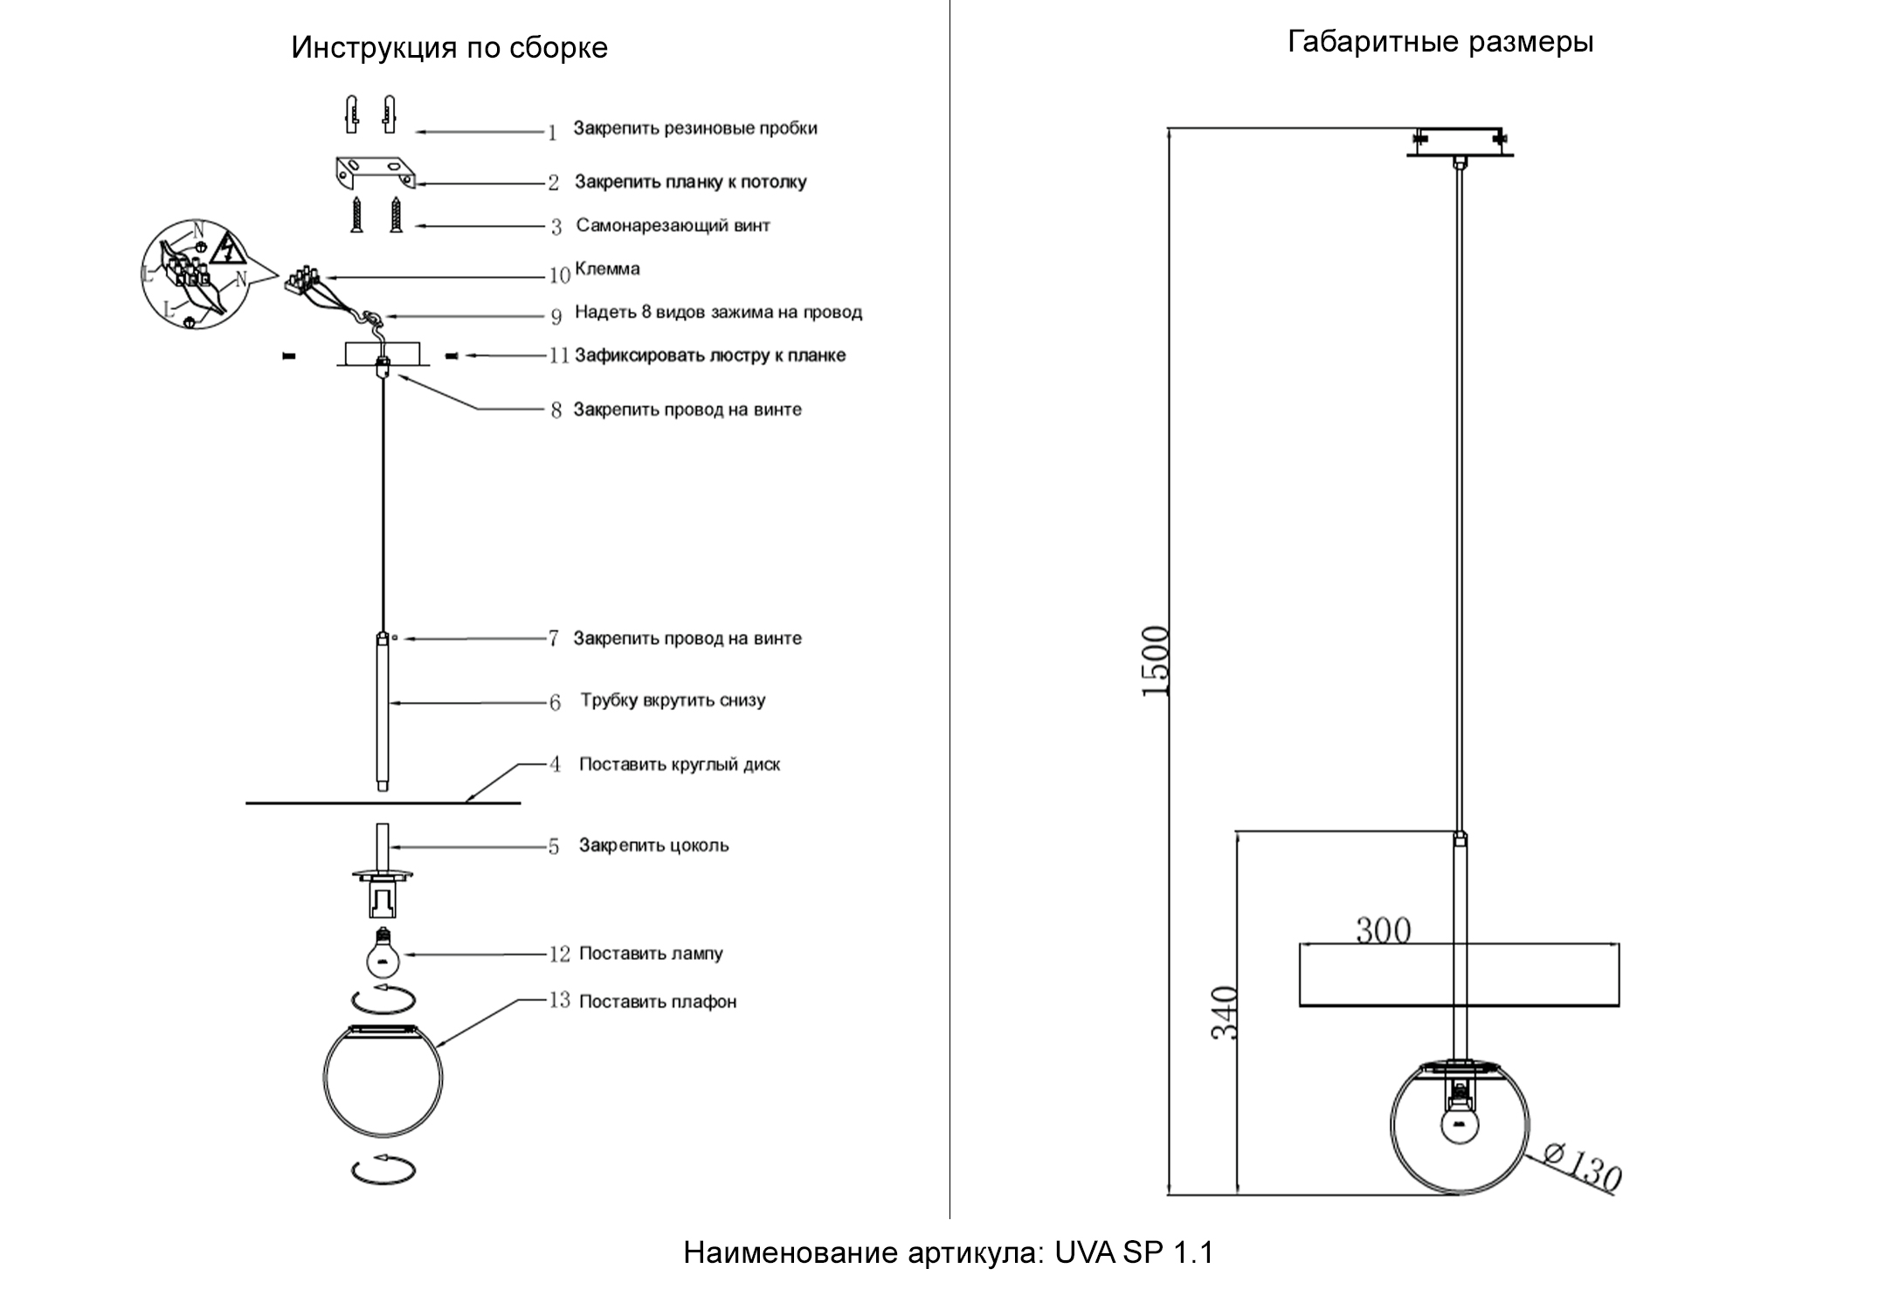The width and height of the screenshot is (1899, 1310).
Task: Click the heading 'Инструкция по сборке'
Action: [449, 47]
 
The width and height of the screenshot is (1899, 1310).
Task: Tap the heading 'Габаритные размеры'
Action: [1440, 42]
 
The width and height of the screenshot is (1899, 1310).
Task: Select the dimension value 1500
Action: [1156, 661]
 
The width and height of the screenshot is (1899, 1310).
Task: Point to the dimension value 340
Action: [1226, 1012]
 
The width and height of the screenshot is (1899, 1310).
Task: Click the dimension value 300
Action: [1383, 931]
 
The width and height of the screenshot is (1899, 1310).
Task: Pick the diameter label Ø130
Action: [1581, 1167]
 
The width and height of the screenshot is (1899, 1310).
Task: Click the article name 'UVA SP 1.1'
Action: [1134, 1252]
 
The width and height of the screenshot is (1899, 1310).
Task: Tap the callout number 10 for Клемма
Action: [559, 276]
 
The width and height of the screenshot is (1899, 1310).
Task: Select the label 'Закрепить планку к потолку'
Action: [690, 182]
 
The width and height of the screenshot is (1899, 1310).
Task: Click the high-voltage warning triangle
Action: [227, 249]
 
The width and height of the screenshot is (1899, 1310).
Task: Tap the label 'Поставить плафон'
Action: [658, 1002]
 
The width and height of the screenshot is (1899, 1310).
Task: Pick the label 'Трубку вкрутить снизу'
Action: [673, 700]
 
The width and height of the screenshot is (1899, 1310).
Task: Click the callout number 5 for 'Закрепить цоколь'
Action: [553, 847]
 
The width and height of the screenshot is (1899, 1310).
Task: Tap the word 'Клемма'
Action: [607, 269]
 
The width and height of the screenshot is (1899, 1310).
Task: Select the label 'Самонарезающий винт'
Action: [673, 225]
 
